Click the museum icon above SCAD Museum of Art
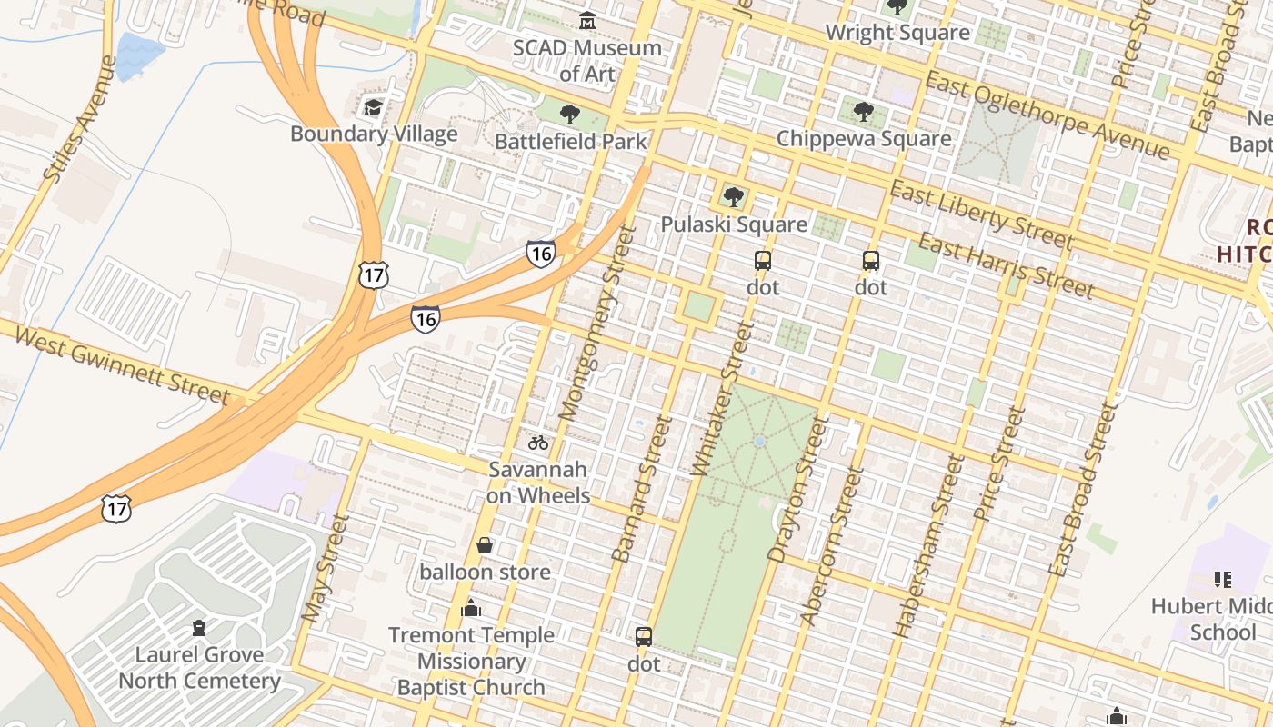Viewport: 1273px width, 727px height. click(587, 20)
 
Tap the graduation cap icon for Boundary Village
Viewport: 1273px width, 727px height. click(373, 108)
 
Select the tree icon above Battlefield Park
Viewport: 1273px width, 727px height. click(570, 115)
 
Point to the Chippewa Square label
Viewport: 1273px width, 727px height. click(864, 139)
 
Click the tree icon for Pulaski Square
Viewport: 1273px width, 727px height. click(733, 197)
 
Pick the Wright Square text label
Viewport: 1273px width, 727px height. click(897, 33)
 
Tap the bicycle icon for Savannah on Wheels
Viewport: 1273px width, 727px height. click(538, 443)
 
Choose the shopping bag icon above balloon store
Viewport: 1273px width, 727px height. click(485, 545)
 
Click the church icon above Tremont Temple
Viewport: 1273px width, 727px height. click(471, 608)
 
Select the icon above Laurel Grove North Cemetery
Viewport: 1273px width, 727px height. click(199, 628)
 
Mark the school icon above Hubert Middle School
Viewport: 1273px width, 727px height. click(1223, 579)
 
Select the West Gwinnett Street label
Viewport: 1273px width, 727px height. click(122, 366)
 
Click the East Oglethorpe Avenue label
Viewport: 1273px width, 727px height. click(1047, 115)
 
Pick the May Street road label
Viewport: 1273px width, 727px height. click(325, 568)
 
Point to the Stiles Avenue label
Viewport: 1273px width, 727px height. click(81, 119)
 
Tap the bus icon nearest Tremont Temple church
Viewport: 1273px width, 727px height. click(644, 636)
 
